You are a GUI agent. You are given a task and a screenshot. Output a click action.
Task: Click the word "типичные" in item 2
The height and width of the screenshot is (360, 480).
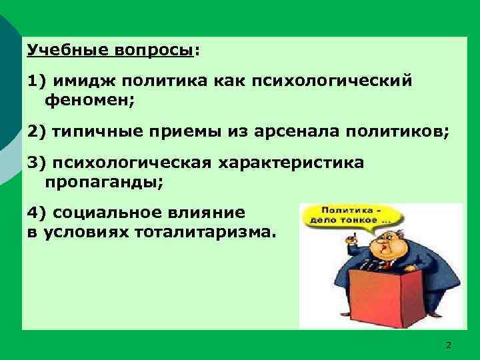click(91, 131)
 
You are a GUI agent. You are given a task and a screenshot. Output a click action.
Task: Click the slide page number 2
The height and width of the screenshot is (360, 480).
click(448, 345)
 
